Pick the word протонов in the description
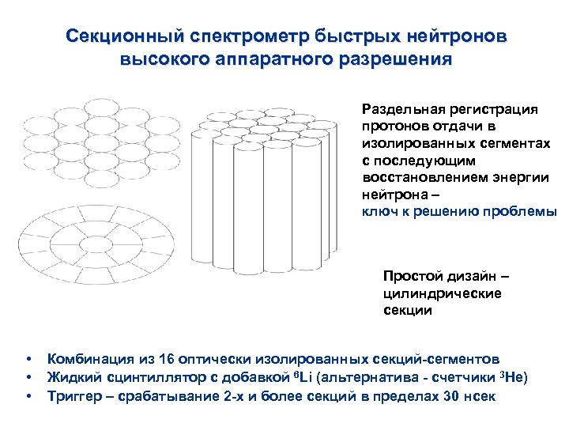[x=393, y=127]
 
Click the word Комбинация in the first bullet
[x=86, y=359]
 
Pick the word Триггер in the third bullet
[x=75, y=394]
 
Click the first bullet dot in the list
[x=28, y=359]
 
